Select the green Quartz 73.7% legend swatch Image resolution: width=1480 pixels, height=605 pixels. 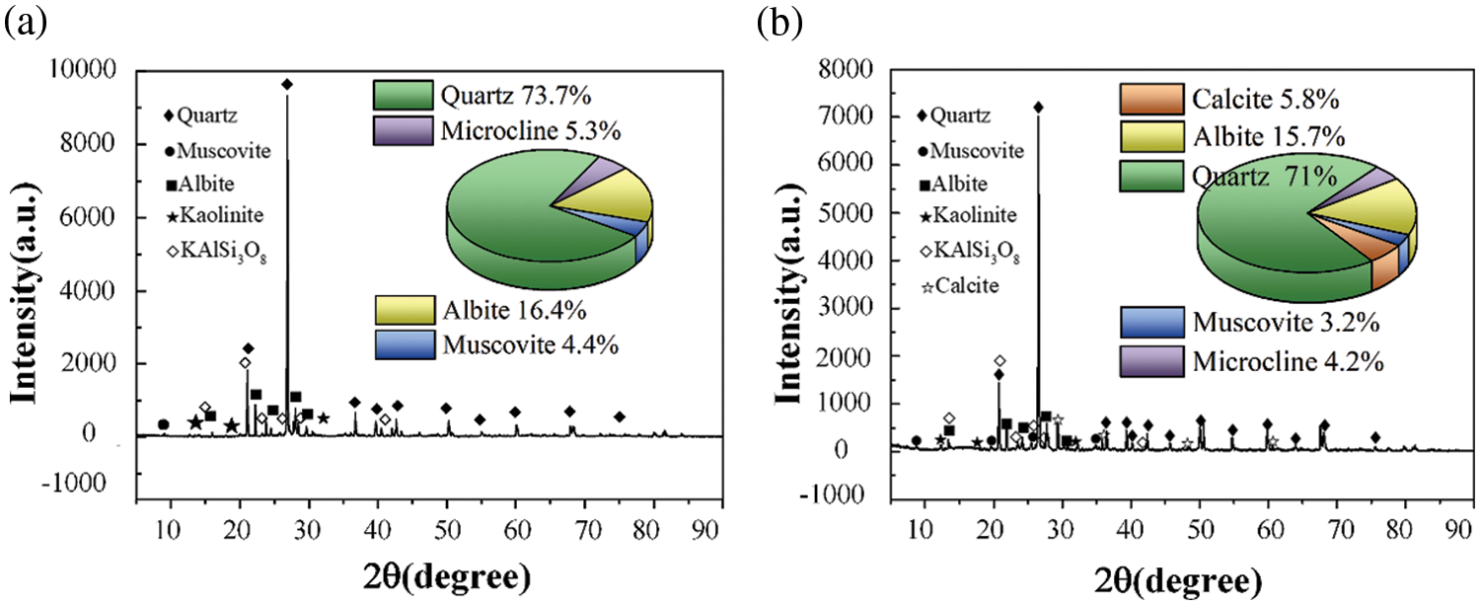click(403, 96)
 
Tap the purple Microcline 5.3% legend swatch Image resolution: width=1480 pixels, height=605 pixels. click(403, 129)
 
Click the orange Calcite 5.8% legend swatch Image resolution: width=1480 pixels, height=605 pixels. click(1149, 99)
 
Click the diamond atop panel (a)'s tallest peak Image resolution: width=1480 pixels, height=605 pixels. click(287, 85)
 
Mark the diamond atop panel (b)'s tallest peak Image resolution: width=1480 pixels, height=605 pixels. click(1038, 107)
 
